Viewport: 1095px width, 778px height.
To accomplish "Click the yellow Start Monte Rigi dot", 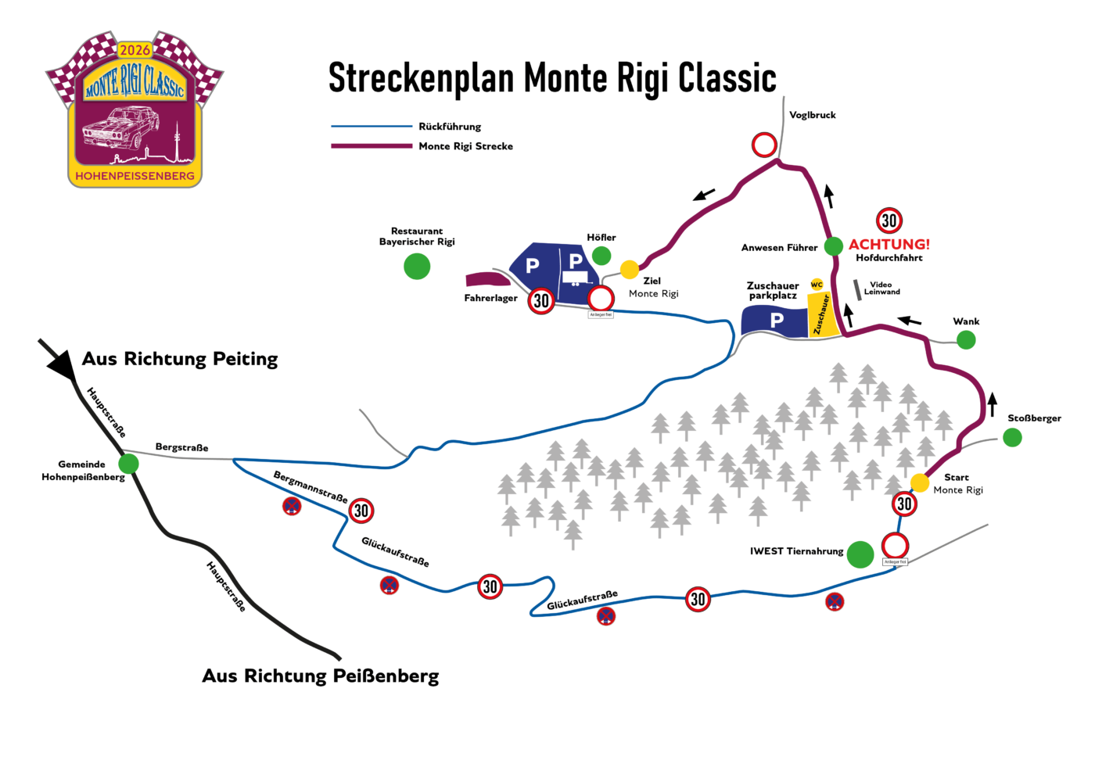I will click(920, 482).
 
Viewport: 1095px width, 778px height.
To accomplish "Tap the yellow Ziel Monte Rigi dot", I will click(630, 270).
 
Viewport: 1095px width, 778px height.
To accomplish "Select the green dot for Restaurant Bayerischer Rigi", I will click(417, 267).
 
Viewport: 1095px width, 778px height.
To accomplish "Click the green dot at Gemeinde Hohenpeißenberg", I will click(129, 464).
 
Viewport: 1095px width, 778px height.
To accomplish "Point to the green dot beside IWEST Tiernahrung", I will click(860, 554).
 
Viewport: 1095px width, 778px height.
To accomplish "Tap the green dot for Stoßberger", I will click(1012, 438).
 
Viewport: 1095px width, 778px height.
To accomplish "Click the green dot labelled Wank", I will click(966, 339).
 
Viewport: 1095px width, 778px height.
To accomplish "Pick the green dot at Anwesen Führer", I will click(834, 246).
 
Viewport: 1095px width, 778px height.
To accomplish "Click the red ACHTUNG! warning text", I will click(889, 244).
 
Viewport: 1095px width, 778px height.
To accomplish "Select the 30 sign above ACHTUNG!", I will click(889, 220).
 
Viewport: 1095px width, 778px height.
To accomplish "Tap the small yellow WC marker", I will click(817, 285).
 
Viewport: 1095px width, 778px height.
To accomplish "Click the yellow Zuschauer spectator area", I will click(823, 315).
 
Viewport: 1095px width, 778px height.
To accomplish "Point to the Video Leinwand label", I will click(881, 289).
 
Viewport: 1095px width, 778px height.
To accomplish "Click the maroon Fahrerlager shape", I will click(487, 279).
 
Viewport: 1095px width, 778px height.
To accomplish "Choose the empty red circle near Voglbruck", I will click(764, 145).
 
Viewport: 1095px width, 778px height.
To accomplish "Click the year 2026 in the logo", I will click(135, 50).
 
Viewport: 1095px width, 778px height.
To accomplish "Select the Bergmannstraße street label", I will click(311, 486).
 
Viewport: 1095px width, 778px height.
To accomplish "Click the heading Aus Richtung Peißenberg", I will click(321, 676).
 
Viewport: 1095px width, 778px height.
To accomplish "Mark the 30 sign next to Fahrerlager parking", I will click(541, 300).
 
